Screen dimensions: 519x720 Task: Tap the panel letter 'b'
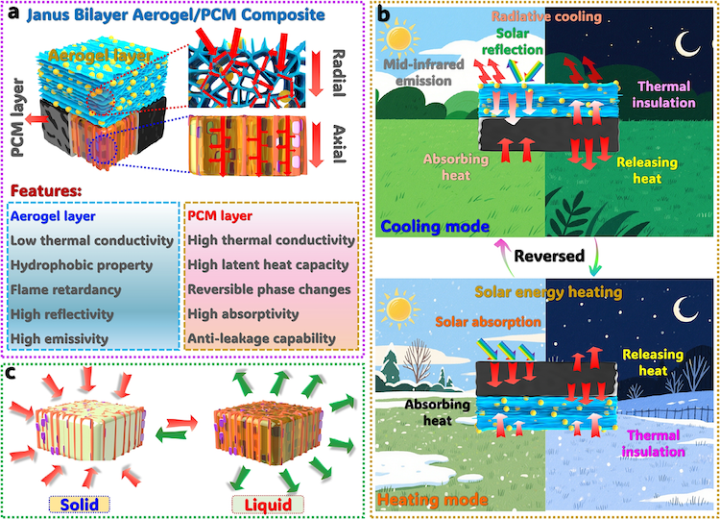pyautogui.click(x=383, y=14)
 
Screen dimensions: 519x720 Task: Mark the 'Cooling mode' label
pyautogui.click(x=429, y=227)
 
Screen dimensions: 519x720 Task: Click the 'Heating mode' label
pyautogui.click(x=428, y=500)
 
